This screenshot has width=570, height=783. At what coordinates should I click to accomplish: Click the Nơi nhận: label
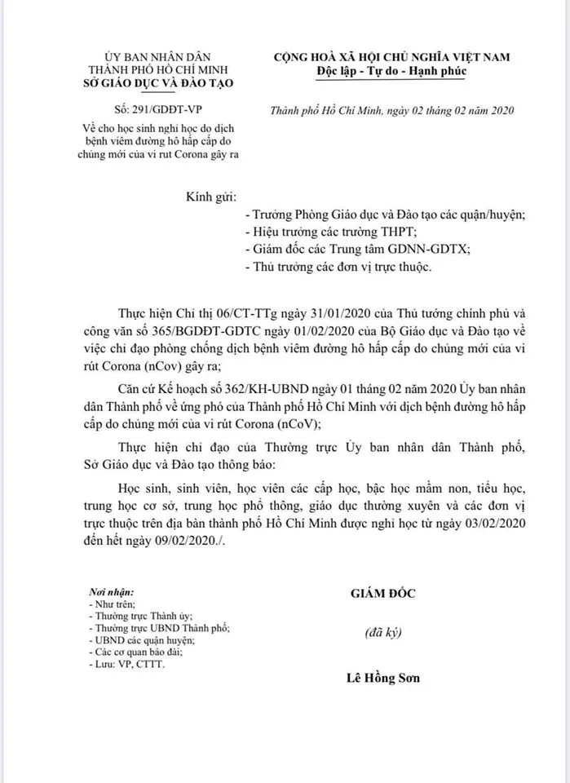112,591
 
